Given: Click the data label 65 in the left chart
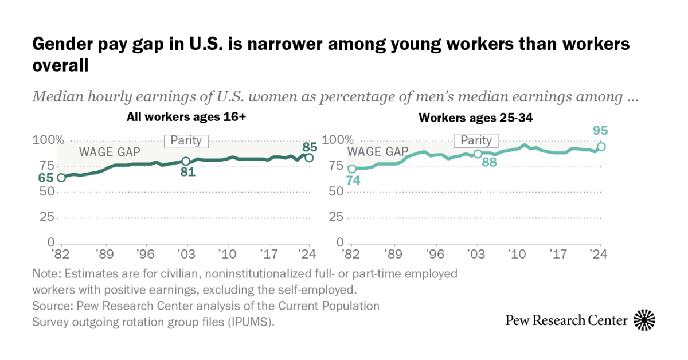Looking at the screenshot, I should pyautogui.click(x=46, y=178).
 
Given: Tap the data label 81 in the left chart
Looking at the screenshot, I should pyautogui.click(x=187, y=172).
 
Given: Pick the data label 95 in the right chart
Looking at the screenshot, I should pyautogui.click(x=600, y=131).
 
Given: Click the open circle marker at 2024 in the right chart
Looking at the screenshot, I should pyautogui.click(x=600, y=147).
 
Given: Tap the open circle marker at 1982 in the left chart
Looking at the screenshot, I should pyautogui.click(x=61, y=177).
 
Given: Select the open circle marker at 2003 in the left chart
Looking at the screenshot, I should pyautogui.click(x=186, y=161).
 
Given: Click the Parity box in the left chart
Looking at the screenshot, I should pyautogui.click(x=186, y=141).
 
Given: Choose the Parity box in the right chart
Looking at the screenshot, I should pyautogui.click(x=476, y=140).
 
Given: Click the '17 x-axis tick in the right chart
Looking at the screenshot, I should pyautogui.click(x=558, y=253).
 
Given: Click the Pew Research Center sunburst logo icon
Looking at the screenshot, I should pyautogui.click(x=644, y=320).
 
